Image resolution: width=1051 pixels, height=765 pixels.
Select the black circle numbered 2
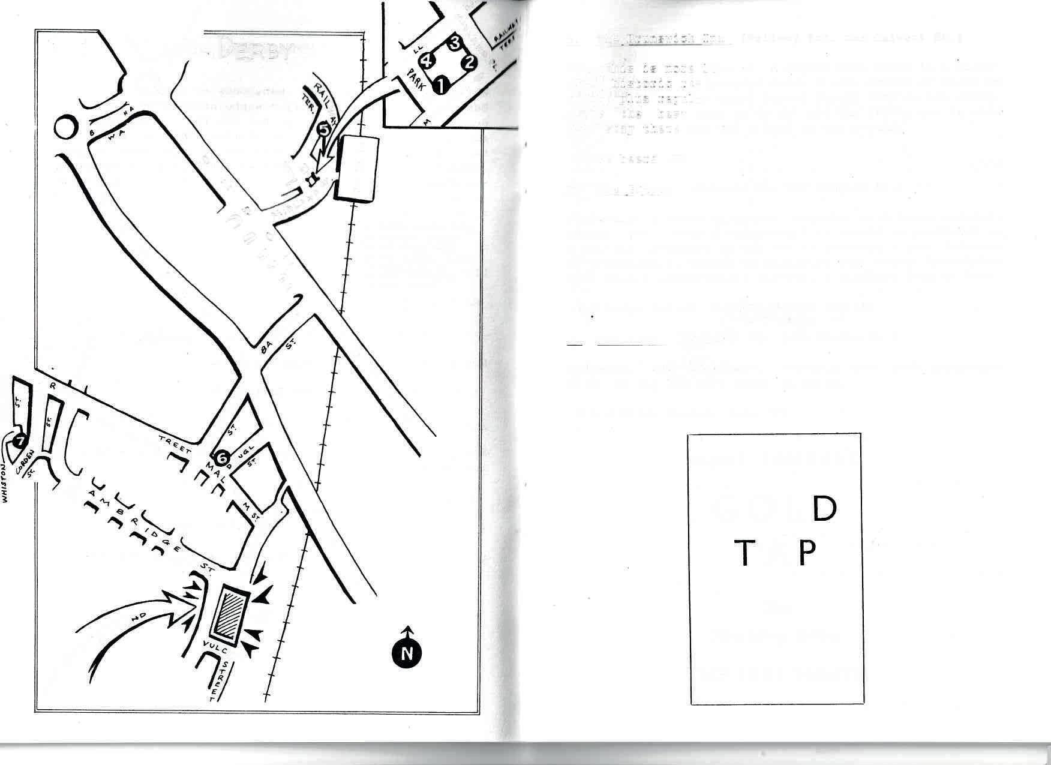(x=469, y=62)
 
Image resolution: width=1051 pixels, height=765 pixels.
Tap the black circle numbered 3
(x=455, y=43)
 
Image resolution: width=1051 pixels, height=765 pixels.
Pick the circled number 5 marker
(x=323, y=128)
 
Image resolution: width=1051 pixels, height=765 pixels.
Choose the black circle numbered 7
(x=20, y=441)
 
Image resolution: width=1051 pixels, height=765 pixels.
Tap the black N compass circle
(x=407, y=653)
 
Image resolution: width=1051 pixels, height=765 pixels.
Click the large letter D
(x=824, y=509)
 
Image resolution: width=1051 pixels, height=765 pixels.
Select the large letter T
(x=744, y=553)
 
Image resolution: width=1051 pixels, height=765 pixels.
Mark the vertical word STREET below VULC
(x=221, y=680)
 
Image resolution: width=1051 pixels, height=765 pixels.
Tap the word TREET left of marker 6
(x=175, y=445)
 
